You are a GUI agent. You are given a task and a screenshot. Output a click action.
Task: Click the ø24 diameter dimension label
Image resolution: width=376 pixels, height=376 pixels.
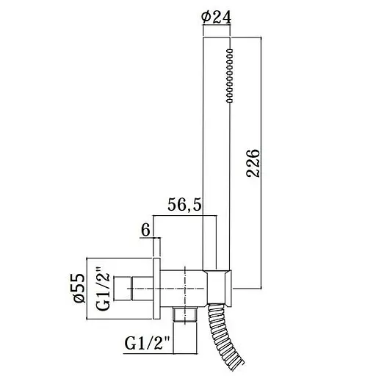[216, 18]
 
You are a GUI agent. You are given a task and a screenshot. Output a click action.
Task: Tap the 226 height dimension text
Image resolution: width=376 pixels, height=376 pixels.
[253, 163]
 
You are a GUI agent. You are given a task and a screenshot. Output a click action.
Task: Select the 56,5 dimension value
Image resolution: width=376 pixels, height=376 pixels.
[184, 205]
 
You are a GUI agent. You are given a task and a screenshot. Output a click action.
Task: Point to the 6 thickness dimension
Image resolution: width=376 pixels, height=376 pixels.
[145, 231]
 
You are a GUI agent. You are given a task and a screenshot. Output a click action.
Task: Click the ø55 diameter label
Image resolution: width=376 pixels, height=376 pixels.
[79, 288]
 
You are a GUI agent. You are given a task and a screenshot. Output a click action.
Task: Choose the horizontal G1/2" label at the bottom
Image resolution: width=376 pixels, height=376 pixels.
[147, 343]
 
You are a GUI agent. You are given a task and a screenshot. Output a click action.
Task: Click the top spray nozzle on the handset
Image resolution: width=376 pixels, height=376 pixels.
[230, 51]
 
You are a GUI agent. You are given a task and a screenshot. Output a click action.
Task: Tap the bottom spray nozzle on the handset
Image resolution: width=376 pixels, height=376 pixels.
[230, 101]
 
